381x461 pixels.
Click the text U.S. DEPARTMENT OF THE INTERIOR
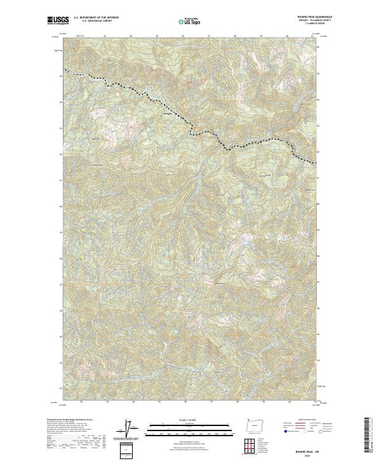pyautogui.click(x=97, y=17)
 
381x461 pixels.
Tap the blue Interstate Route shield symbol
pyautogui.click(x=283, y=431)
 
